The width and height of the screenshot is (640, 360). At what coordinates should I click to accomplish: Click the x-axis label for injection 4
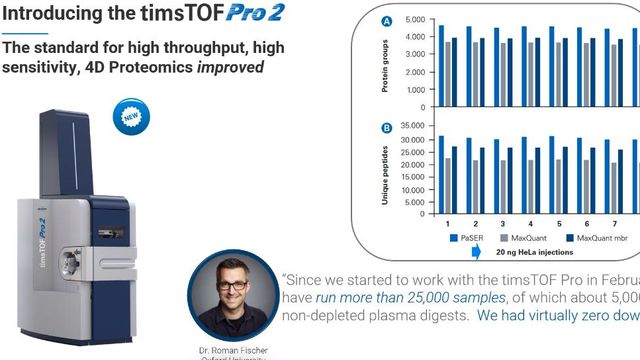click(x=530, y=225)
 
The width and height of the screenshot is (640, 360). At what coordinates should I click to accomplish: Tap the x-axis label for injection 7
click(x=614, y=225)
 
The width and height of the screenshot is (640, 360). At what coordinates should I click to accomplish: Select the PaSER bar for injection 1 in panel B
click(x=441, y=176)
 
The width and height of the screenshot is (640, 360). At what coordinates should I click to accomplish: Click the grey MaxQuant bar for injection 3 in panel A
click(x=504, y=75)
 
